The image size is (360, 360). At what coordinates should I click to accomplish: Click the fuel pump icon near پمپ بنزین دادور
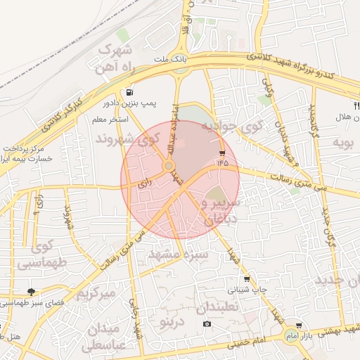click(130, 92)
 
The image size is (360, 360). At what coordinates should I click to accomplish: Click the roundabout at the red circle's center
click(169, 166)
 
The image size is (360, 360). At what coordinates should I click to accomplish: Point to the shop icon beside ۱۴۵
click(223, 153)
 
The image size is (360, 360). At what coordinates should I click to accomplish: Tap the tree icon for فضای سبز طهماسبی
click(32, 291)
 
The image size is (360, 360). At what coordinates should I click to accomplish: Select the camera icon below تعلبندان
click(207, 324)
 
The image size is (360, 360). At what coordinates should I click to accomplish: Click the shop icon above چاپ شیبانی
click(246, 279)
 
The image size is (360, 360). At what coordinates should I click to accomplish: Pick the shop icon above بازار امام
click(300, 326)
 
